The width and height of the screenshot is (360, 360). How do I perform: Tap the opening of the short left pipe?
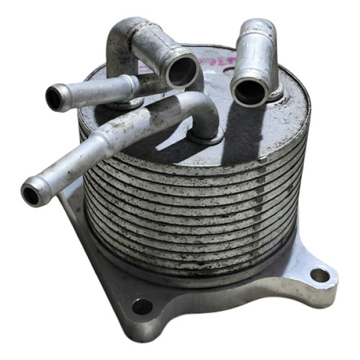[x=55, y=98]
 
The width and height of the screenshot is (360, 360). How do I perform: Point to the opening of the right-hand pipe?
[x=250, y=91]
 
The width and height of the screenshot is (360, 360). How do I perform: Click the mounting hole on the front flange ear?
[x=142, y=307]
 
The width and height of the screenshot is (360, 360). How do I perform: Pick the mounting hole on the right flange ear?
[x=319, y=275]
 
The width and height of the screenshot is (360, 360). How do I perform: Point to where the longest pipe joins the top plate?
[x=207, y=137]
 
